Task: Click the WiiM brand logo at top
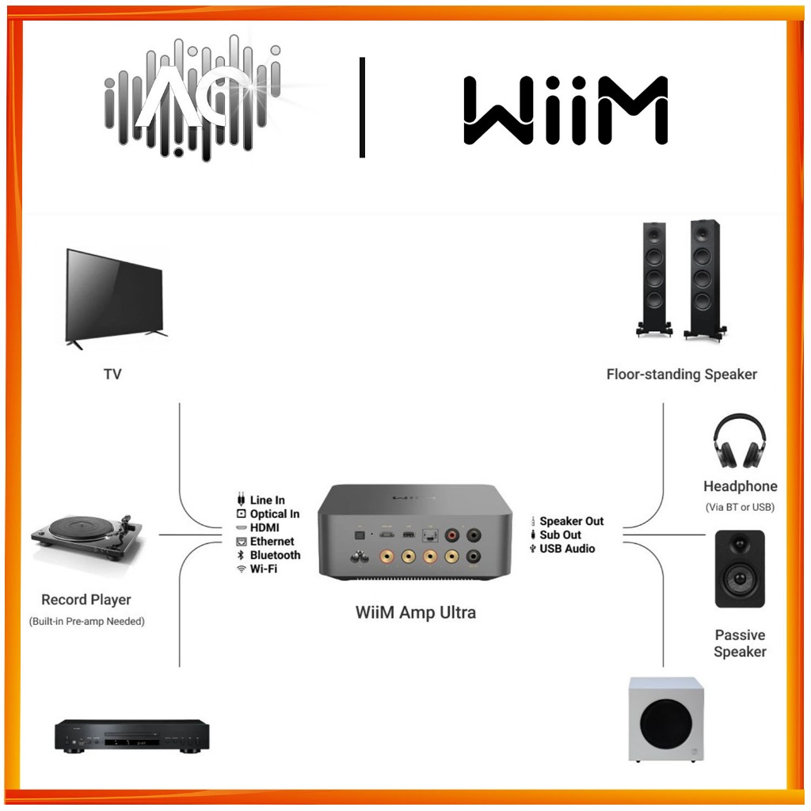tap(565, 110)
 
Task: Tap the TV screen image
tap(115, 295)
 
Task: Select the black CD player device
tap(131, 736)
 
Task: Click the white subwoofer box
tap(664, 718)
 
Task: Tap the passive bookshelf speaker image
tap(740, 569)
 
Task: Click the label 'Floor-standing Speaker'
tap(681, 374)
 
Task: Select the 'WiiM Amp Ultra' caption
tap(415, 612)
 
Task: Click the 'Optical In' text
tap(274, 514)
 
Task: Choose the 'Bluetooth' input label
tap(275, 555)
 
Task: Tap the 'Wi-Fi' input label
tap(263, 569)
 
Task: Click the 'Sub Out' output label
tap(560, 535)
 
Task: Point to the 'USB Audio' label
tap(567, 548)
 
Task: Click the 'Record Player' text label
tap(86, 600)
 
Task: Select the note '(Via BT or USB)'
tap(740, 507)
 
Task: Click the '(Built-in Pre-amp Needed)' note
tap(87, 622)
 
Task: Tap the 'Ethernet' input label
tap(272, 542)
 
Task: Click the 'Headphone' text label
tap(740, 486)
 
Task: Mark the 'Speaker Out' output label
tap(571, 521)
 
